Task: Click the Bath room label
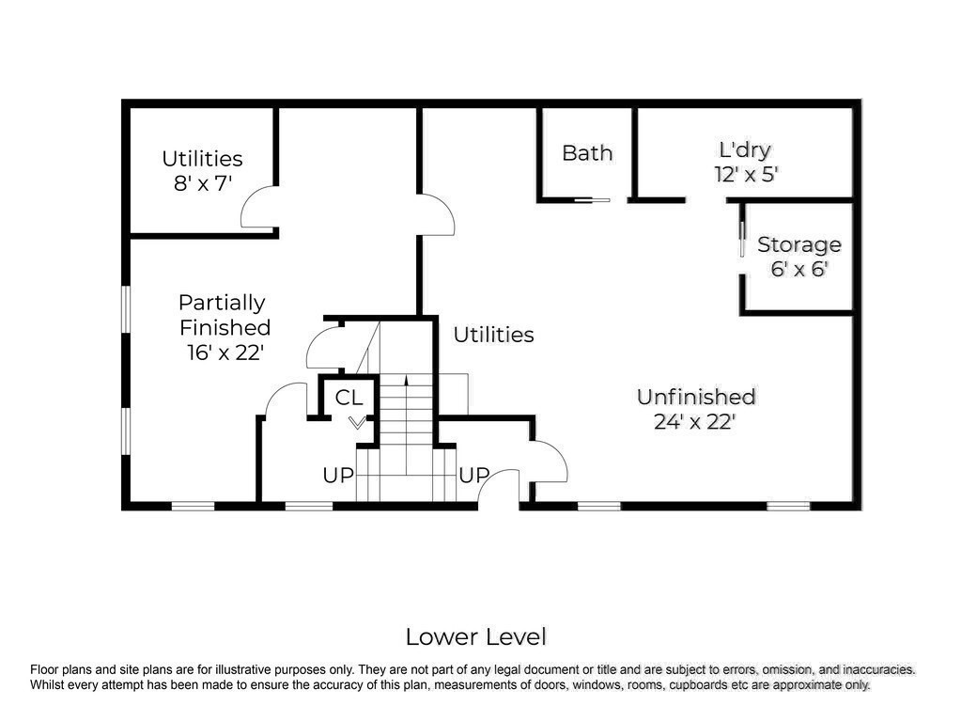pos(587,153)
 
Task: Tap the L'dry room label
pos(745,150)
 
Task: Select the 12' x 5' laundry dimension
pos(746,175)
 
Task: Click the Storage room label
pos(799,244)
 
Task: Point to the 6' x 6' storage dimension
pos(799,269)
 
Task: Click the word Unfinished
pos(696,397)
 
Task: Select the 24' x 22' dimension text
pos(694,422)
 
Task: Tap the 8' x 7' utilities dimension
pos(202,182)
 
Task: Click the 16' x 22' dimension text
pos(225,353)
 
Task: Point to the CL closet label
pos(349,398)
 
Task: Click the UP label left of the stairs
pos(338,475)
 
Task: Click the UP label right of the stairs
pos(473,475)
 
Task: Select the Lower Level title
pos(475,637)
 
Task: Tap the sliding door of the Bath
pos(592,200)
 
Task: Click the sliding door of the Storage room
pos(742,239)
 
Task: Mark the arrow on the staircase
pos(406,425)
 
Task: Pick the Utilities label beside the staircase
pos(493,335)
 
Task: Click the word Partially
pos(222,303)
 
